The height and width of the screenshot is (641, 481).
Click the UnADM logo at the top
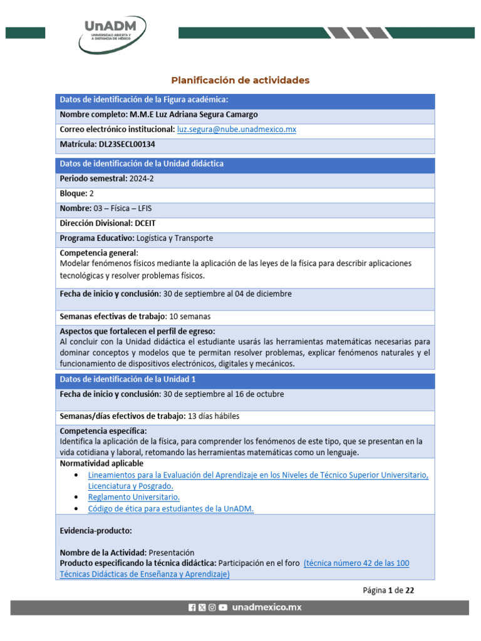[112, 34]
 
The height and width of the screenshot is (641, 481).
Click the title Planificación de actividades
[240, 80]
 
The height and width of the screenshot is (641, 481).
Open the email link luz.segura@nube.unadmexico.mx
[236, 129]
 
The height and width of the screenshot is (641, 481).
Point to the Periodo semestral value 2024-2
[141, 178]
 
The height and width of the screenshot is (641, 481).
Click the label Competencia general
[98, 253]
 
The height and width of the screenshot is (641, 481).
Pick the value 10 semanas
[187, 316]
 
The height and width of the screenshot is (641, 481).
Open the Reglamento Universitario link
[134, 497]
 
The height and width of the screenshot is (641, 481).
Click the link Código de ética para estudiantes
[170, 509]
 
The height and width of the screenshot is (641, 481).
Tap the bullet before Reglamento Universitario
[76, 497]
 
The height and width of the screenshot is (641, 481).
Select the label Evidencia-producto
[96, 531]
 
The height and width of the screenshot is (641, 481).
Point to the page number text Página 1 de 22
[388, 590]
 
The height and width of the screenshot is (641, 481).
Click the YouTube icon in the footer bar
[223, 607]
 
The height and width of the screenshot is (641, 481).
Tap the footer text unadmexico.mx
[267, 607]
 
